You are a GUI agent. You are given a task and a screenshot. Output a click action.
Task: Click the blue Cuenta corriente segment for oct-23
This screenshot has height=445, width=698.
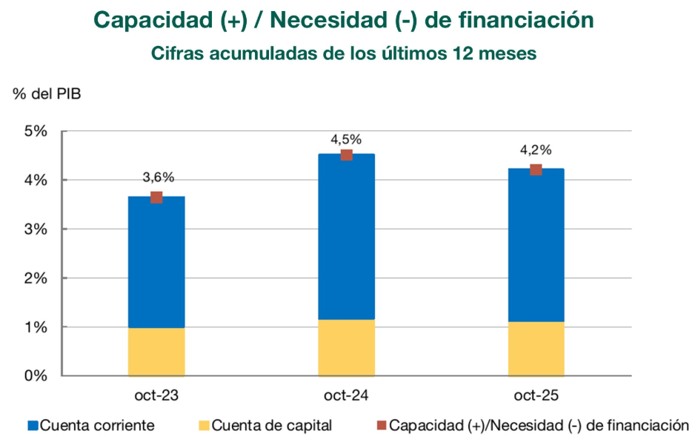pyautogui.click(x=156, y=262)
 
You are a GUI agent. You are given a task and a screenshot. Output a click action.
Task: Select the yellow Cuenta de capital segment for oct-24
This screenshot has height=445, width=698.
pyautogui.click(x=346, y=347)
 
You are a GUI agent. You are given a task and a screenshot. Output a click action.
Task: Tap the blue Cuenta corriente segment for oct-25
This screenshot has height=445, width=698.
pyautogui.click(x=536, y=245)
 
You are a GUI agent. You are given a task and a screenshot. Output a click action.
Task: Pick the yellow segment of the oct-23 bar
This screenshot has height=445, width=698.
pyautogui.click(x=156, y=352)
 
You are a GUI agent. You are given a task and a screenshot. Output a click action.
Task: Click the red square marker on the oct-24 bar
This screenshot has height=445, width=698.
pyautogui.click(x=346, y=155)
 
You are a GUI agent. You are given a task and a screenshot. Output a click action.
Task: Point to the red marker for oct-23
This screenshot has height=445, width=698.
pyautogui.click(x=156, y=197)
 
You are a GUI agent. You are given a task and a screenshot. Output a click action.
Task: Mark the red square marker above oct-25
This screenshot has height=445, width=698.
pyautogui.click(x=536, y=170)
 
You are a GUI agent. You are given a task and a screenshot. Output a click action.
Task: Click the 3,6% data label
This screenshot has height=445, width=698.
pyautogui.click(x=158, y=177)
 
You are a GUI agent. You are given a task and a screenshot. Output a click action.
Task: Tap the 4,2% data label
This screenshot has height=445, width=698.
pyautogui.click(x=536, y=150)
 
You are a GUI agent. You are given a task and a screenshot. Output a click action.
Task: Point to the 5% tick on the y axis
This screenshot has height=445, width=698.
pyautogui.click(x=36, y=131)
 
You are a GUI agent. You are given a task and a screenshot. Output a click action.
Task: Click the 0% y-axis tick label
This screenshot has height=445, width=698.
pyautogui.click(x=36, y=375)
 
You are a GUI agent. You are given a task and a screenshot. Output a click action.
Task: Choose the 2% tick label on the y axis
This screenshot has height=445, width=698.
pyautogui.click(x=36, y=278)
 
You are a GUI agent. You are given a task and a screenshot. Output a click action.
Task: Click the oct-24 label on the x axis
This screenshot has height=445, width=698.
pyautogui.click(x=346, y=395)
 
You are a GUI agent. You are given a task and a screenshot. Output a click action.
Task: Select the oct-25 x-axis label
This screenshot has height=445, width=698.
pyautogui.click(x=536, y=395)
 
